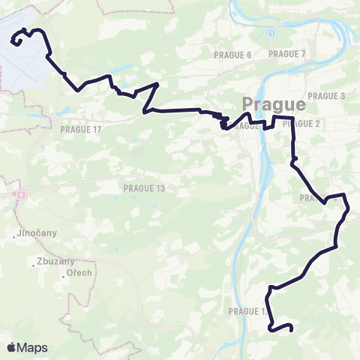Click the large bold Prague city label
coord(274,103)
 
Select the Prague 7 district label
coord(287,54)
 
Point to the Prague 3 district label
coord(326,96)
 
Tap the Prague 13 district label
coord(144,187)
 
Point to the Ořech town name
coord(78,273)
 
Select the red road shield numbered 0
coord(21,195)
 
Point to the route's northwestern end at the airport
coord(13,43)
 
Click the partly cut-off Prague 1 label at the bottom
coord(248,310)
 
